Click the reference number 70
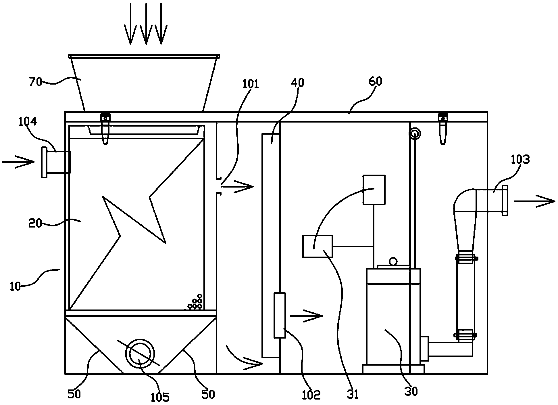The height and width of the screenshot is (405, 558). [x=36, y=82]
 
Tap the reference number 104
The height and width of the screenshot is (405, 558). [x=28, y=122]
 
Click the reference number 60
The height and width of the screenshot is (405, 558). [x=375, y=82]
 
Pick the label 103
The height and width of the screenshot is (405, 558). [x=520, y=159]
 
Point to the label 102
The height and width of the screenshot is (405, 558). [x=311, y=395]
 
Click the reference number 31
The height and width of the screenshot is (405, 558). [x=353, y=394]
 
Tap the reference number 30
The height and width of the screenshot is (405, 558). [x=411, y=391]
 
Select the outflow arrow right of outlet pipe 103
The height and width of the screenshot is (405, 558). [x=534, y=201]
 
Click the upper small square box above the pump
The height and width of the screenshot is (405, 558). [x=374, y=190]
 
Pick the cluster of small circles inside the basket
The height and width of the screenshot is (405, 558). [x=194, y=302]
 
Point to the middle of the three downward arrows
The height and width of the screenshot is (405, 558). [x=146, y=24]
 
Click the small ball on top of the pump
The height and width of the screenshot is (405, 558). [x=392, y=261]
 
